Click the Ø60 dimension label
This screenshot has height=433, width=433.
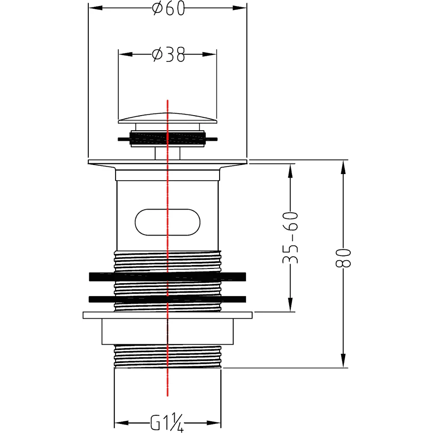coord(168,8)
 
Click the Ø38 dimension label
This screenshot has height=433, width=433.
coord(168,55)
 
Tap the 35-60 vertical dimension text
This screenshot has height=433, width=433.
coord(291,238)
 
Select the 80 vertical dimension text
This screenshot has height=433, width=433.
coord(343,258)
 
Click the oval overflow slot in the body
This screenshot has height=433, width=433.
coord(168,222)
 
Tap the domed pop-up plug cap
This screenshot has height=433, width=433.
coord(168,118)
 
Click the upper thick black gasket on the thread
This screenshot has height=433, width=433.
coord(167,277)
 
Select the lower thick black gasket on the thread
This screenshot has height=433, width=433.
coord(167,299)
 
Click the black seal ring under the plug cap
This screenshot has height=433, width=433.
coord(168,139)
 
